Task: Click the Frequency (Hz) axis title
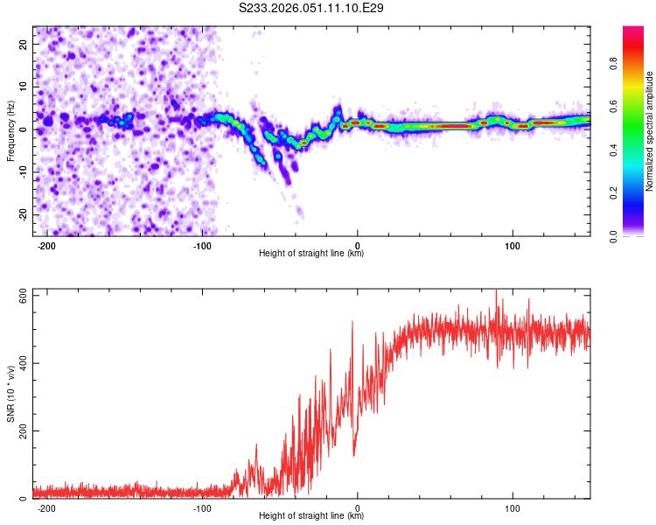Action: (x=10, y=130)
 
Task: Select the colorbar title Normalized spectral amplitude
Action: (x=650, y=131)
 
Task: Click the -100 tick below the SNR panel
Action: (x=202, y=508)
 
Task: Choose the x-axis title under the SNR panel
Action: (x=311, y=517)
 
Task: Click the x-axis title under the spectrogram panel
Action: (x=311, y=254)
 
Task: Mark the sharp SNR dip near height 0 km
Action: (x=354, y=454)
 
